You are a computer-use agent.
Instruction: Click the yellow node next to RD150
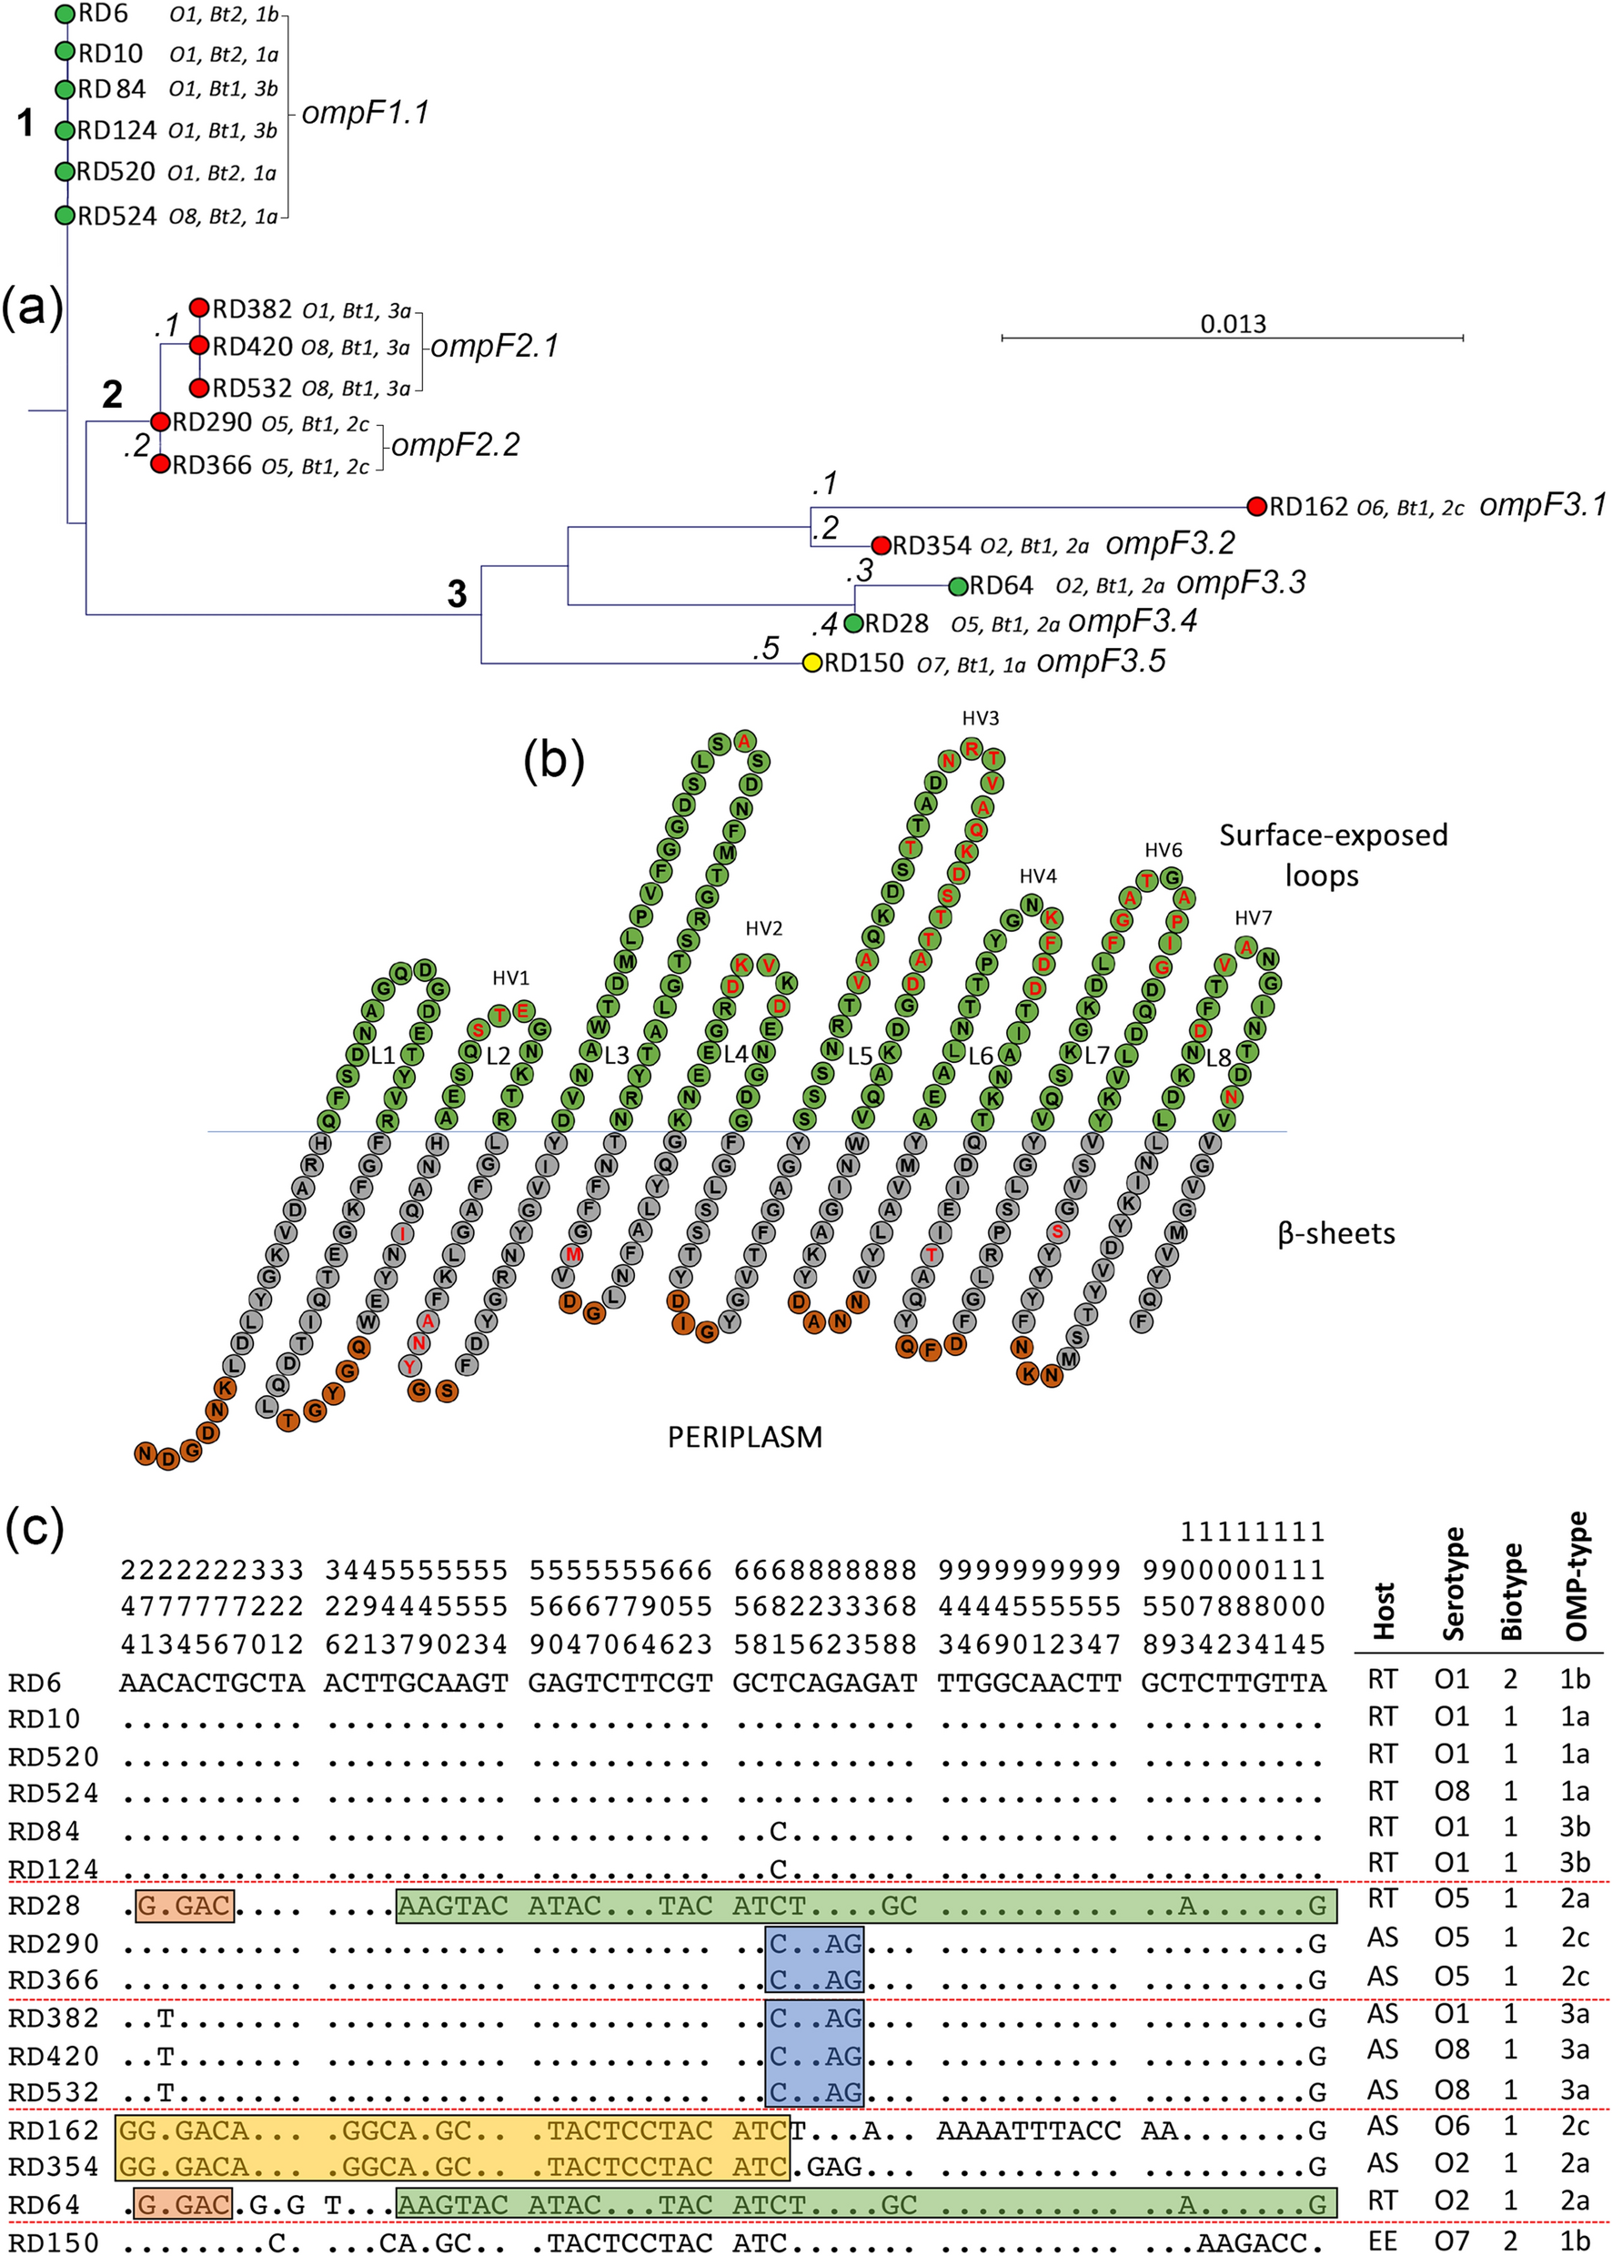pos(812,663)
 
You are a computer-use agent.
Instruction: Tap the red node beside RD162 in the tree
pos(1256,506)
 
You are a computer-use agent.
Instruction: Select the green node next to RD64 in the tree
pos(958,586)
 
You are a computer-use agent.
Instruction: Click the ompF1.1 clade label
pos(366,112)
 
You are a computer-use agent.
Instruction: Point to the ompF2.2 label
pos(456,445)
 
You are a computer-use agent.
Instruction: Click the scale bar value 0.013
pos(1233,324)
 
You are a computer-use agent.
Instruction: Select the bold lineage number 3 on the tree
pos(457,593)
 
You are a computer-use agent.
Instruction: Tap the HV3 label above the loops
pos(981,718)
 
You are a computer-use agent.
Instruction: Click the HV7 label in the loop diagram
pos(1253,917)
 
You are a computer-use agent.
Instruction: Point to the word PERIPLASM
pos(744,1437)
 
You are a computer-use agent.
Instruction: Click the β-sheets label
pos(1336,1233)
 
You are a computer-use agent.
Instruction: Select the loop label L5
pos(860,1057)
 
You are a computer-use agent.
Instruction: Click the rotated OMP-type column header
pos(1577,1577)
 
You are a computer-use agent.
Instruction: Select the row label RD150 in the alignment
pos(54,2242)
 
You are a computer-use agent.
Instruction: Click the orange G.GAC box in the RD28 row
pos(185,1906)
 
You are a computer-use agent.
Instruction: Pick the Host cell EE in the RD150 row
pos(1383,2241)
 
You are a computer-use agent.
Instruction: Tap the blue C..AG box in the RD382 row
pos(815,2018)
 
